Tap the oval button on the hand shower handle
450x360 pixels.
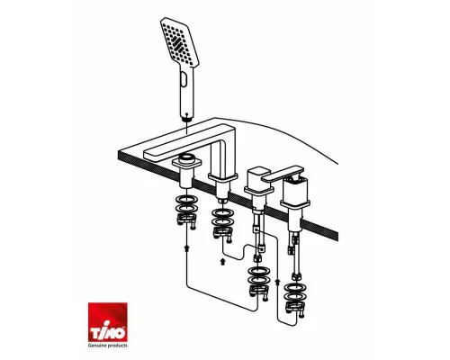tap(184, 81)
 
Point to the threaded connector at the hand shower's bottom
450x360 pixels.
tap(187, 119)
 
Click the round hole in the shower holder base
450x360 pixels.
tap(186, 157)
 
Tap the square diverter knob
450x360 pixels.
tap(257, 175)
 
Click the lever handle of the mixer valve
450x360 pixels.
tap(283, 174)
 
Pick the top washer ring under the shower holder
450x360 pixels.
tap(186, 200)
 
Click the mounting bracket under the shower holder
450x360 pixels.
tap(187, 221)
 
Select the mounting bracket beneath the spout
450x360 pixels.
tap(223, 233)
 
